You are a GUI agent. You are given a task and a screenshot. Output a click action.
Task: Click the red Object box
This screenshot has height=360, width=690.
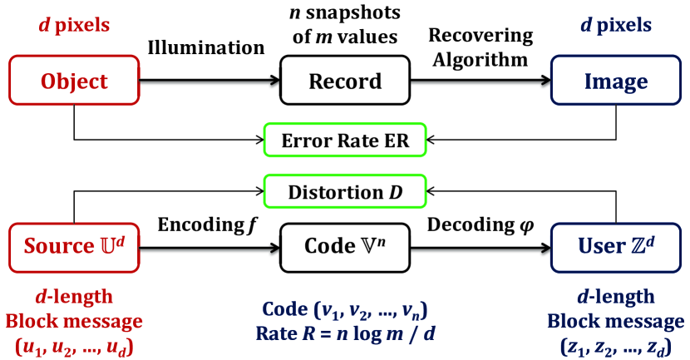pyautogui.click(x=75, y=81)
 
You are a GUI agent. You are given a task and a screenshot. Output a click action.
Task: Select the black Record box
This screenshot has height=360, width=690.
pyautogui.click(x=345, y=81)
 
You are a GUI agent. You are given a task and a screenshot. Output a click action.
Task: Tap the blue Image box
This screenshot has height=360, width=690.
pyautogui.click(x=616, y=81)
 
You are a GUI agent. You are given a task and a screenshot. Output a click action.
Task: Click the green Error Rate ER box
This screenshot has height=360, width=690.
pyautogui.click(x=345, y=139)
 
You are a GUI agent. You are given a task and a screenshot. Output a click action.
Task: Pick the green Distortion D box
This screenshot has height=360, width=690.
pyautogui.click(x=345, y=192)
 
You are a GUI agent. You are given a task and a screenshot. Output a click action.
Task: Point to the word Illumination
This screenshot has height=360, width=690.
pyautogui.click(x=205, y=47)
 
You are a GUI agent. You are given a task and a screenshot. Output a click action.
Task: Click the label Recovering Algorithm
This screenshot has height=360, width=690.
pyautogui.click(x=481, y=47)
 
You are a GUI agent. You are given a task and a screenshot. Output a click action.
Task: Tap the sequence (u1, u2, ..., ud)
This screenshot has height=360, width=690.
pyautogui.click(x=75, y=343)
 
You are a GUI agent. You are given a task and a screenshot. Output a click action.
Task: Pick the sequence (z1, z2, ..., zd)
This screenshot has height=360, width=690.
pyautogui.click(x=616, y=344)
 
